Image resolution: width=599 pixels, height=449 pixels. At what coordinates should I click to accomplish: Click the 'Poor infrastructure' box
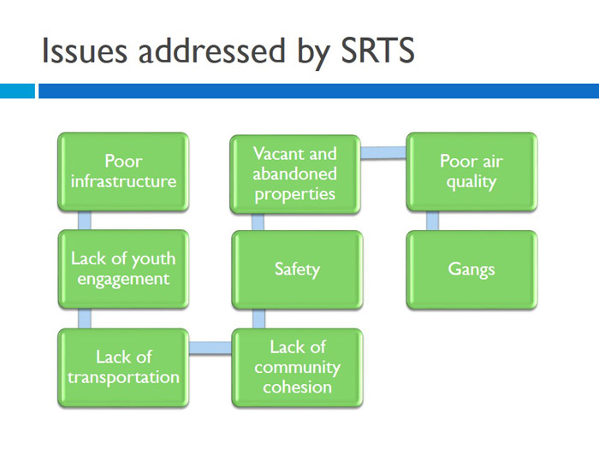click(x=123, y=171)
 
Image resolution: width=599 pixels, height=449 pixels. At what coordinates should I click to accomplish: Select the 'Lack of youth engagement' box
click(x=123, y=269)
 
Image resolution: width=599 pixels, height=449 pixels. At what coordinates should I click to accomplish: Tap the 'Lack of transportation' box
click(x=123, y=366)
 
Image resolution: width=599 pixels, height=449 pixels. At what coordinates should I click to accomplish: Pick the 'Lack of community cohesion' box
click(x=297, y=366)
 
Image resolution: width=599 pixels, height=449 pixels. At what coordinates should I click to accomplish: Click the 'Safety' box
click(x=297, y=269)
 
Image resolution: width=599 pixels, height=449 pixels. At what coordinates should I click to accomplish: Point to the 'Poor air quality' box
click(x=471, y=172)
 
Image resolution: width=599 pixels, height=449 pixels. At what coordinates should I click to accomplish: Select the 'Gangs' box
click(x=471, y=269)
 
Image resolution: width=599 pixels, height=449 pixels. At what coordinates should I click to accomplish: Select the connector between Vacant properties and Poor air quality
click(x=383, y=154)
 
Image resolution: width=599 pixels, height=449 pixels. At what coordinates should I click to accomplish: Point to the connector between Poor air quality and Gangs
click(x=432, y=221)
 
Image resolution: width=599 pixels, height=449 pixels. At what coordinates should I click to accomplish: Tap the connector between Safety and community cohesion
click(x=258, y=317)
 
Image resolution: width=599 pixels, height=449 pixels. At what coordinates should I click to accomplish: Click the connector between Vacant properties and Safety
click(x=258, y=221)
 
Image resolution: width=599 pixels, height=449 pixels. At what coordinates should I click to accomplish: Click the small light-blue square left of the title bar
click(x=16, y=91)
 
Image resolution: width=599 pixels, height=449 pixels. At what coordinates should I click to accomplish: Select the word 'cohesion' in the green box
click(x=297, y=387)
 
